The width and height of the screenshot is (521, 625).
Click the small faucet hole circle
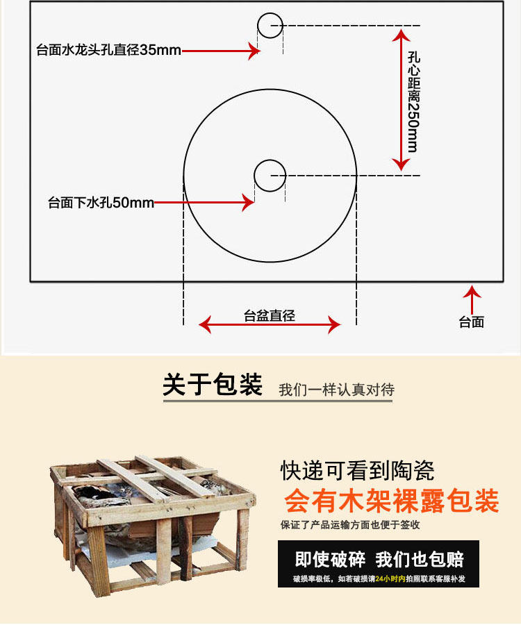270,25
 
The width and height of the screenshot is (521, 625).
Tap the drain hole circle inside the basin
270,175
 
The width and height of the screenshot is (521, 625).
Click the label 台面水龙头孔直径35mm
108,50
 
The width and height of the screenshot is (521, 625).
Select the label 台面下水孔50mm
101,203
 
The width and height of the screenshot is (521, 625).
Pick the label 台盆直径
270,316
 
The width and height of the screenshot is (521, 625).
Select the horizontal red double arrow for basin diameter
270,325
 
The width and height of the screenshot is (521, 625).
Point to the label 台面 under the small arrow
472,322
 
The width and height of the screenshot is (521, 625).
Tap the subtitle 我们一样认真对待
336,390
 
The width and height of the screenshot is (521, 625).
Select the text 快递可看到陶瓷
357,472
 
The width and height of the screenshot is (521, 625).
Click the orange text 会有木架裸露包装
391,501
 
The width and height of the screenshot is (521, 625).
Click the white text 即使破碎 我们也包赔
379,559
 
